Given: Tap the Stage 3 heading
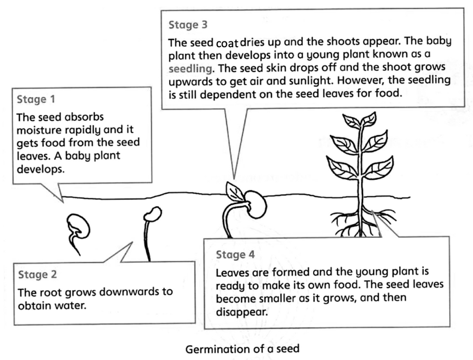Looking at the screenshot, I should [188, 25].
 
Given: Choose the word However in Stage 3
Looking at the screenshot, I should [353, 80].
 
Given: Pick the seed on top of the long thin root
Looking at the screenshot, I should [153, 214].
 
